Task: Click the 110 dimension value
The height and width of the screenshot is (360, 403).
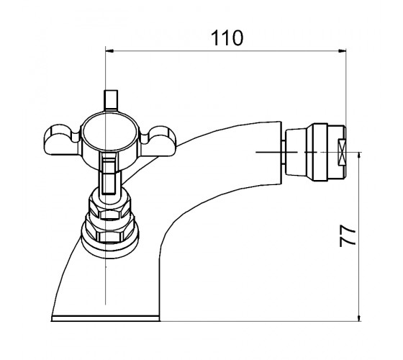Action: pyautogui.click(x=227, y=38)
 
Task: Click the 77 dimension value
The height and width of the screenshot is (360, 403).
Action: pyautogui.click(x=348, y=236)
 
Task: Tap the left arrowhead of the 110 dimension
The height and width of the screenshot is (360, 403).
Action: pyautogui.click(x=109, y=50)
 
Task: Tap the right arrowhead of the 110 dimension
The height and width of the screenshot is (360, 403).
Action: pyautogui.click(x=342, y=50)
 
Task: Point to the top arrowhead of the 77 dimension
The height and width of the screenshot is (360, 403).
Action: pyautogui.click(x=359, y=156)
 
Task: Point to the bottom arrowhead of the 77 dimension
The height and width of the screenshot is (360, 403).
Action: pyautogui.click(x=359, y=318)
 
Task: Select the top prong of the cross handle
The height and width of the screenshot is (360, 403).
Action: pyautogui.click(x=111, y=100)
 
